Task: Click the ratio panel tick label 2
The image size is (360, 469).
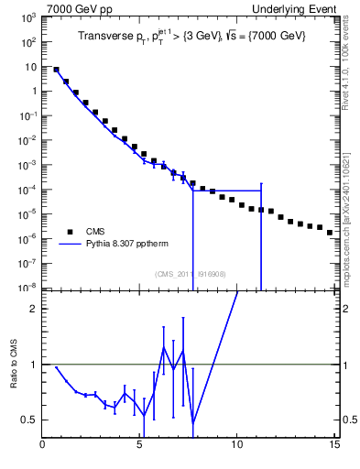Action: click(34, 309)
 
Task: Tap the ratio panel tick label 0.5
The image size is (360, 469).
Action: click(29, 420)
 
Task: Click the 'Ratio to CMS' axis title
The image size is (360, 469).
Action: click(14, 376)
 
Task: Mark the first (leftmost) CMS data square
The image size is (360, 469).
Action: click(56, 70)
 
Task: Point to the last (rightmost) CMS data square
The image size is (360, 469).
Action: click(330, 233)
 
